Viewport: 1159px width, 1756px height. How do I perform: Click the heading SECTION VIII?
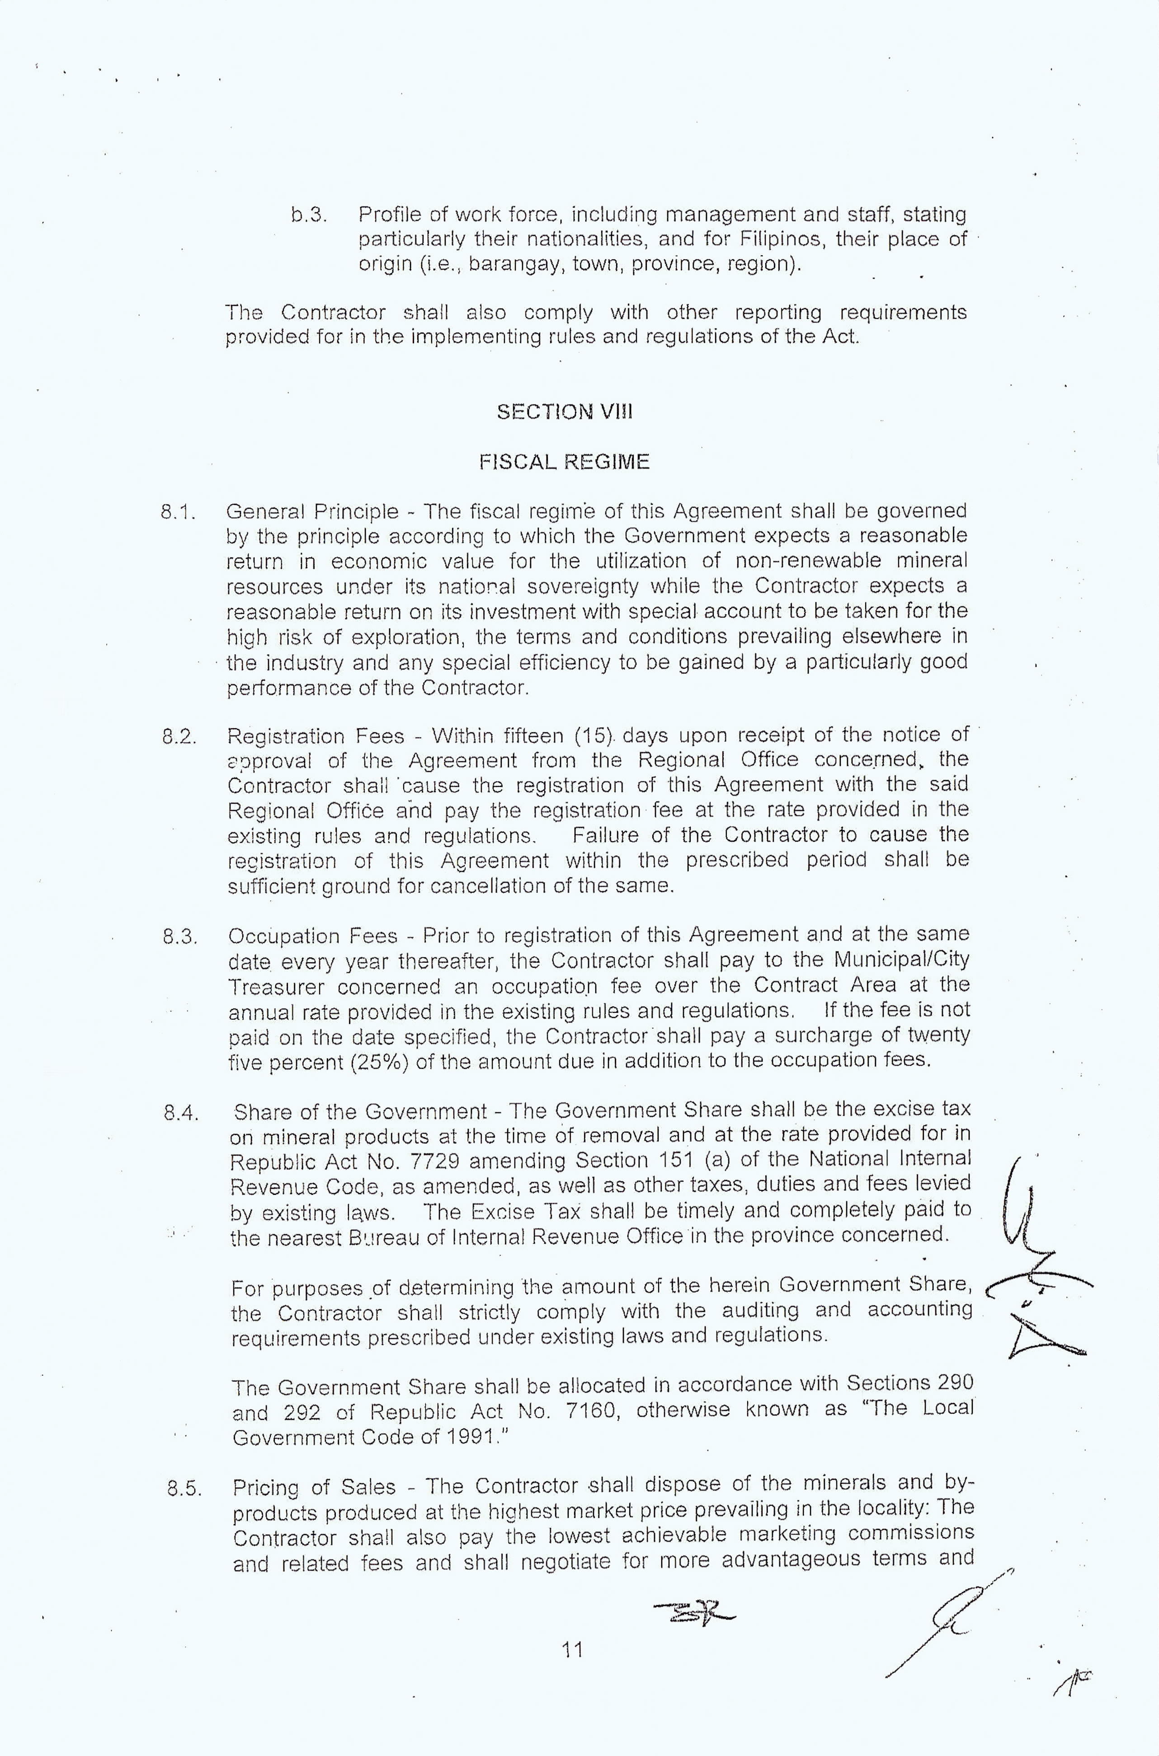point(565,412)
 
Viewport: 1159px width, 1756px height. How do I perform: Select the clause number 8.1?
point(178,512)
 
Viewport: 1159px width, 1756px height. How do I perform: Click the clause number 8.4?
point(182,1113)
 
